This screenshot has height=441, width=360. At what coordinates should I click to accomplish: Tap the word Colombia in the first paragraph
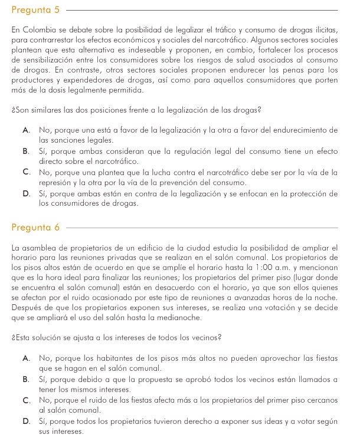41,29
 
